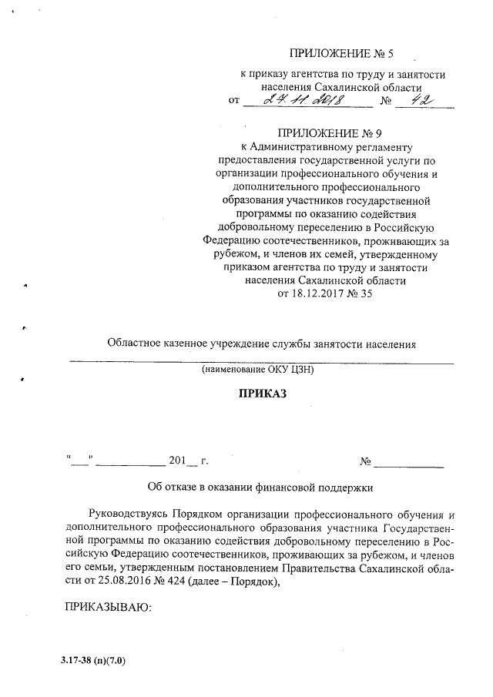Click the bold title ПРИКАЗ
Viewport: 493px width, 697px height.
[x=260, y=394]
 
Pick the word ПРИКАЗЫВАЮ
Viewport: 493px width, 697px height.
[x=107, y=608]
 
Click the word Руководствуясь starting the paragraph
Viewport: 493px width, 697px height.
[x=128, y=514]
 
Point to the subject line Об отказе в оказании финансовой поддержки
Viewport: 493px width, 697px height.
[x=260, y=488]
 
